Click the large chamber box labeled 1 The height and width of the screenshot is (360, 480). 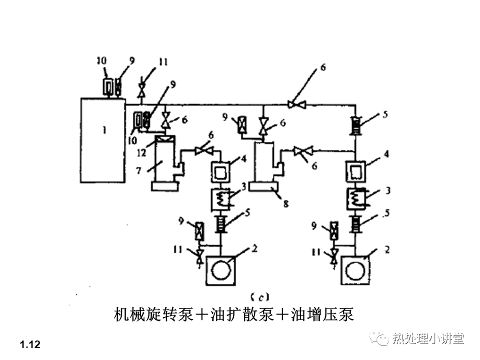click(102, 140)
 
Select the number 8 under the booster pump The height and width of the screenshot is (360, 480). click(285, 203)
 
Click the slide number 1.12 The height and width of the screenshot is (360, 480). click(30, 344)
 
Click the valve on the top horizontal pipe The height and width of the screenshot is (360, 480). click(297, 104)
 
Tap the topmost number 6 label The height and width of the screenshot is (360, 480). click(323, 67)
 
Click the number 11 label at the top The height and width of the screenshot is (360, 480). click(163, 62)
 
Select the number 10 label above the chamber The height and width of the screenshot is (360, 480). click(101, 60)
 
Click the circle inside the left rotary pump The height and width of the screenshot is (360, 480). click(221, 270)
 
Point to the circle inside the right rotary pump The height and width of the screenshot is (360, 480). click(356, 270)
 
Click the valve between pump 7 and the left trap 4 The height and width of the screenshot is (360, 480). click(204, 150)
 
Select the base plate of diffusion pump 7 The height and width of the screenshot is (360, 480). click(164, 186)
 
